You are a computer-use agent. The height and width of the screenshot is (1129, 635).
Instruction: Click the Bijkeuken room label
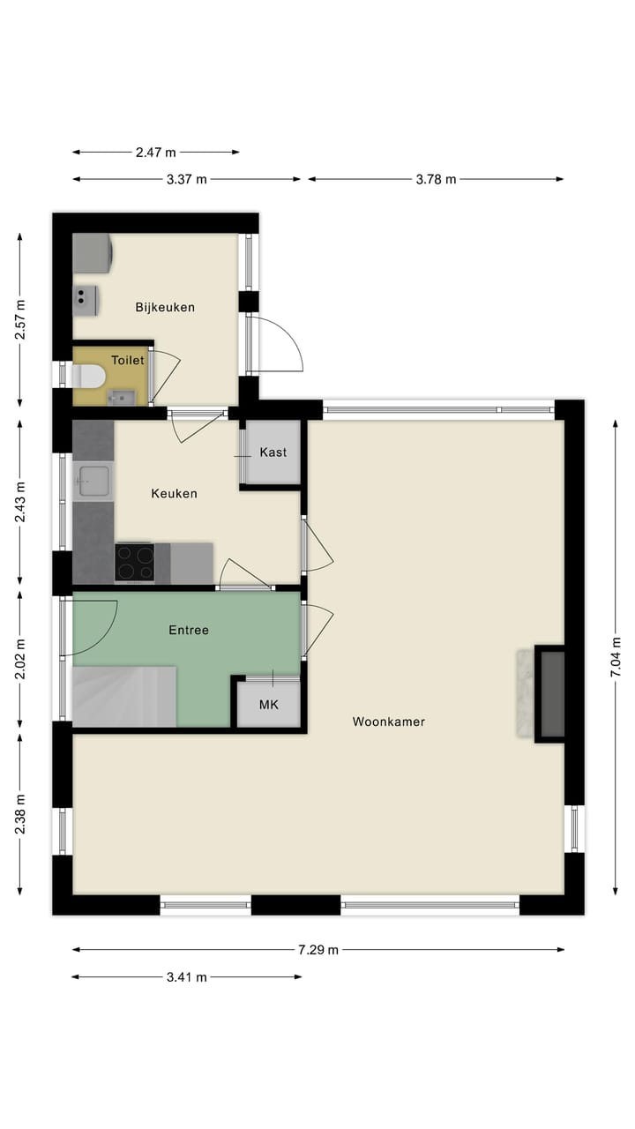[165, 308]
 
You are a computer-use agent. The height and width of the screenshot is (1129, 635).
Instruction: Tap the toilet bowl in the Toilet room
[90, 378]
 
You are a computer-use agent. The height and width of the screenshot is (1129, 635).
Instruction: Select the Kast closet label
[273, 452]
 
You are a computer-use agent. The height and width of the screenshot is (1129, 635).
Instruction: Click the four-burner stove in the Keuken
[134, 562]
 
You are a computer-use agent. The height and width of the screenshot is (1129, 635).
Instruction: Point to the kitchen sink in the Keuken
[93, 482]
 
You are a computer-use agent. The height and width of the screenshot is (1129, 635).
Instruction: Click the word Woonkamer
[389, 722]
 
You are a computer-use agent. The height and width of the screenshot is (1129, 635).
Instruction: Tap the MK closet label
[268, 705]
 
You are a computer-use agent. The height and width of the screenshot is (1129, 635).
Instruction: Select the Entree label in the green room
[189, 631]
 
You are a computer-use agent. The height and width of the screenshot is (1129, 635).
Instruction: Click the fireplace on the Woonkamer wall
[549, 694]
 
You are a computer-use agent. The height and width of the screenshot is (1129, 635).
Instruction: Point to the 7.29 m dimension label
[318, 950]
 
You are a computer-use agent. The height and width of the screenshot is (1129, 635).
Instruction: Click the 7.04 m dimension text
[616, 657]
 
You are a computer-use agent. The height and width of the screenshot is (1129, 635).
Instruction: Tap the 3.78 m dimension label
[436, 179]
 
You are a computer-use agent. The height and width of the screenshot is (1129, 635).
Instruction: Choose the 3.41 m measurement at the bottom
[186, 977]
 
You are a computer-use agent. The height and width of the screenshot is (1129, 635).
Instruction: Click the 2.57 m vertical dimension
[20, 320]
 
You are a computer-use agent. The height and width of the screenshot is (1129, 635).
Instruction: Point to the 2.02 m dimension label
[20, 657]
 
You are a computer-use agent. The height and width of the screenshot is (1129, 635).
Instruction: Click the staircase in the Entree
[123, 696]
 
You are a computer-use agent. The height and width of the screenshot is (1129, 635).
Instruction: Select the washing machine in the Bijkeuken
[92, 253]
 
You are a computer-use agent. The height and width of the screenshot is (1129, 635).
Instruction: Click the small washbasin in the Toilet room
[121, 398]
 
